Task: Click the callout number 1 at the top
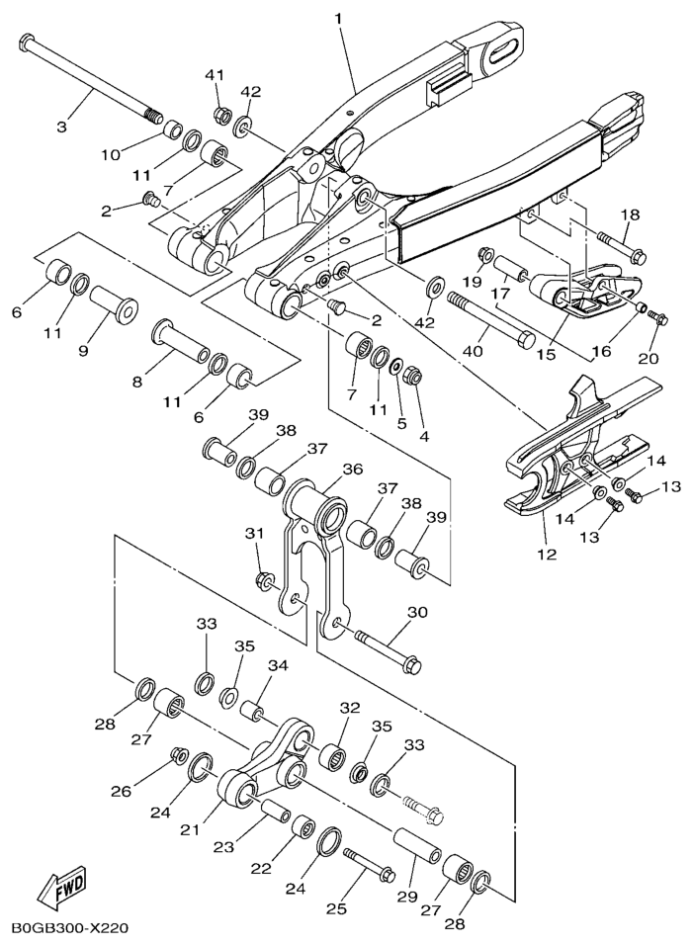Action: click(x=338, y=18)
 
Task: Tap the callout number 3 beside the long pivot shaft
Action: click(x=61, y=127)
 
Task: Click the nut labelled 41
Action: click(x=222, y=114)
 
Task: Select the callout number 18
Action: click(x=630, y=215)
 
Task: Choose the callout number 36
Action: click(x=352, y=470)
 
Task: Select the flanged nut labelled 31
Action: click(x=263, y=579)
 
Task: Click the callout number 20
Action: click(x=650, y=358)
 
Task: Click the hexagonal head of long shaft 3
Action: click(x=29, y=43)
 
